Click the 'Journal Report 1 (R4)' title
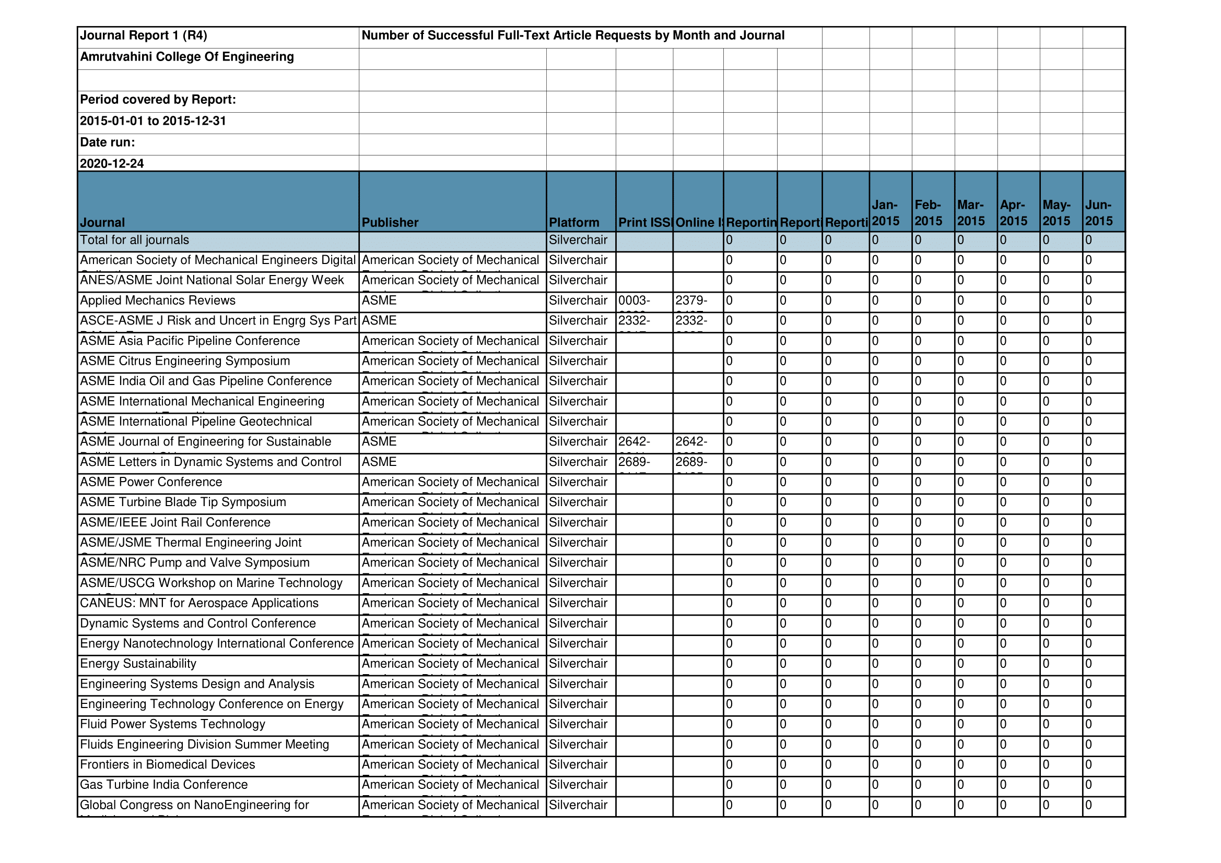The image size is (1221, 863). click(143, 35)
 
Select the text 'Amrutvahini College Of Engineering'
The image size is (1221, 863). click(186, 57)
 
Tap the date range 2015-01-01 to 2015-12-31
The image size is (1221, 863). click(152, 121)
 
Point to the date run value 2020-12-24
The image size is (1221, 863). click(112, 164)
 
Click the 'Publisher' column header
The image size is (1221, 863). click(390, 223)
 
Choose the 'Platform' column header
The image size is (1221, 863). click(574, 223)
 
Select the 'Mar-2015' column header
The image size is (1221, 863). click(970, 213)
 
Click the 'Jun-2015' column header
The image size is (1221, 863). click(1099, 213)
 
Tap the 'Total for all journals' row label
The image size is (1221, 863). click(135, 240)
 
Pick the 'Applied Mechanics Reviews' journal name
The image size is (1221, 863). click(157, 301)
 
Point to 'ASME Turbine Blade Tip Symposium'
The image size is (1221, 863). click(183, 502)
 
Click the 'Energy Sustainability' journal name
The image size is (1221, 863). click(138, 664)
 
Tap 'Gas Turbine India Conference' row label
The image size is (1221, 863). click(164, 785)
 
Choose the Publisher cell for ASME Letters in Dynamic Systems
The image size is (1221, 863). click(379, 462)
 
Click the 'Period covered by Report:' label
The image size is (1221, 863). click(158, 100)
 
